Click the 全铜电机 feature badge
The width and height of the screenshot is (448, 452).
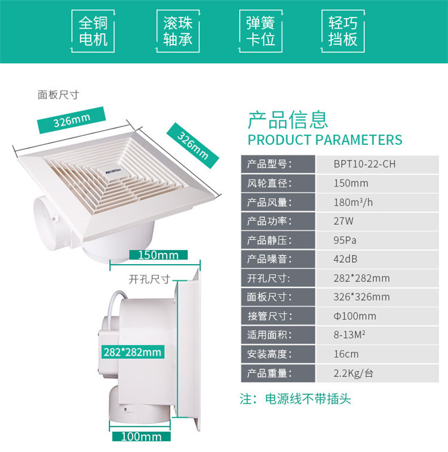[93, 31]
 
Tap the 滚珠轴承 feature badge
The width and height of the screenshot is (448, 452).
[177, 31]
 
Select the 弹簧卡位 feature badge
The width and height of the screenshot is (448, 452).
[260, 31]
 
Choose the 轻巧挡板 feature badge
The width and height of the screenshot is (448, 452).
[343, 31]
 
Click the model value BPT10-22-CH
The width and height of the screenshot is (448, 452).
[364, 164]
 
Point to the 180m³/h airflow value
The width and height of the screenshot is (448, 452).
[353, 202]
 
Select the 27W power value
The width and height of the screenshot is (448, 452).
[343, 221]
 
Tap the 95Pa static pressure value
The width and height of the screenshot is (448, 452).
[345, 240]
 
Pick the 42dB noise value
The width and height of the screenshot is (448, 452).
[345, 259]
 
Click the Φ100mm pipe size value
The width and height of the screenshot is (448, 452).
[355, 316]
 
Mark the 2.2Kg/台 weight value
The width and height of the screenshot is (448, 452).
[353, 373]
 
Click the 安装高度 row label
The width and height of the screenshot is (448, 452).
[269, 354]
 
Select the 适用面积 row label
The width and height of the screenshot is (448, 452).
[269, 335]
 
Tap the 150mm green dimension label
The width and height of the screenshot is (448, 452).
[158, 255]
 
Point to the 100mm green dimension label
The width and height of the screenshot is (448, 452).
[141, 436]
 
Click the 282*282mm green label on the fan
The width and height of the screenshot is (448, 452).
[133, 352]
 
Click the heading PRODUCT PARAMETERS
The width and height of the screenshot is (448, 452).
[325, 140]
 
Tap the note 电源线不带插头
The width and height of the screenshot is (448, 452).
[308, 399]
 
